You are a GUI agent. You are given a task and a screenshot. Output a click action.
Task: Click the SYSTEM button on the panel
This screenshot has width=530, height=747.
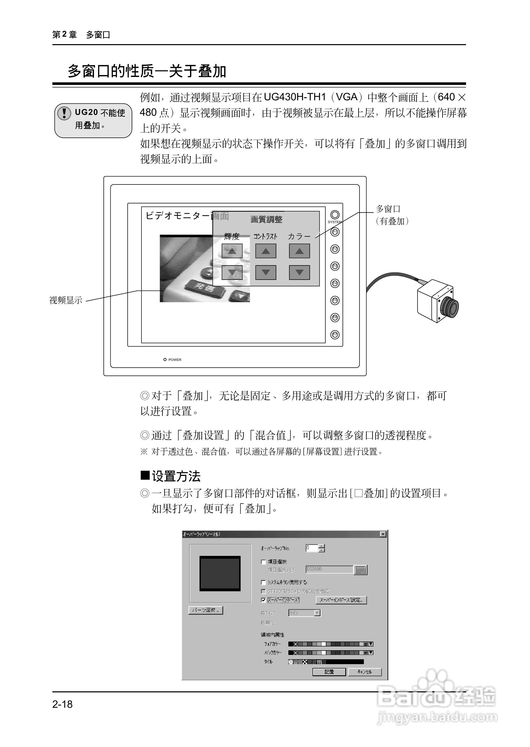[335, 214]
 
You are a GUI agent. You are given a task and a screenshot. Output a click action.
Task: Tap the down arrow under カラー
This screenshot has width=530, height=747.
[299, 272]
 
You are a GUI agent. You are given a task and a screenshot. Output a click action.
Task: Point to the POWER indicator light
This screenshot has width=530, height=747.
[165, 360]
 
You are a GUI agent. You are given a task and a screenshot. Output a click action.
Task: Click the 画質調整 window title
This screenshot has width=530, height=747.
[266, 219]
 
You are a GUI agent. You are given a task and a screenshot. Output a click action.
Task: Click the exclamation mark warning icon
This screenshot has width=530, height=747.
[64, 113]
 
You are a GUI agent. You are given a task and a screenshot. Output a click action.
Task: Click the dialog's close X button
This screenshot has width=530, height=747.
[383, 534]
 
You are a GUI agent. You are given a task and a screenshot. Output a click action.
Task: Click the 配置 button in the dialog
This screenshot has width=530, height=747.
[329, 672]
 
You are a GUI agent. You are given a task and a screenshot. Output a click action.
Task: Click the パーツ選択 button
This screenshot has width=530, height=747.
[206, 610]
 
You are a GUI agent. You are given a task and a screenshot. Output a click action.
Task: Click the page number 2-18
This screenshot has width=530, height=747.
[62, 704]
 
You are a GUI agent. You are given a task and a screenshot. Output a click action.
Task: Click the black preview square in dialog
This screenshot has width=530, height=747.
[220, 574]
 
